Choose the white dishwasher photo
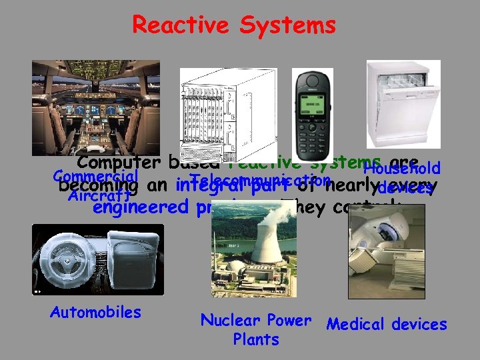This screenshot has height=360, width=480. pyautogui.click(x=403, y=104)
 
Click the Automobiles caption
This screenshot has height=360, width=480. pyautogui.click(x=95, y=312)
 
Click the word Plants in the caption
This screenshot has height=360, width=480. pyautogui.click(x=256, y=339)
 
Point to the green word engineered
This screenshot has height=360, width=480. pyautogui.click(x=141, y=207)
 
